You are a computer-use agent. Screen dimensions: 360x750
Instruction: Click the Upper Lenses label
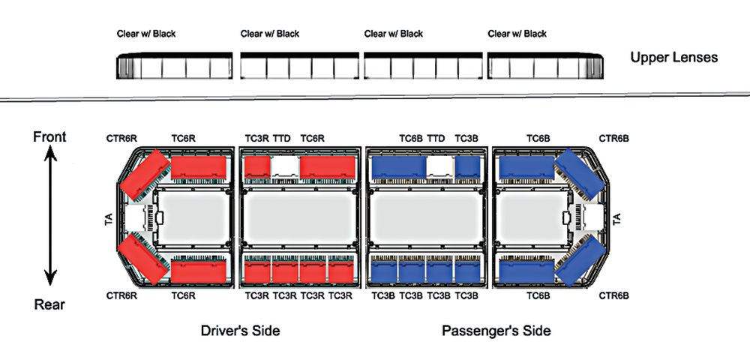click(x=673, y=58)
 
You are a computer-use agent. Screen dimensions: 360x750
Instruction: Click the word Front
click(x=49, y=136)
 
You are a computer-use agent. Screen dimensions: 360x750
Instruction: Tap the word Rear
click(x=49, y=304)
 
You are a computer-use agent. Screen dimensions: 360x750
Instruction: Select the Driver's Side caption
click(x=240, y=331)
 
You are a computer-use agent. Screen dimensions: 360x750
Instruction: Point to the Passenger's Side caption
click(x=496, y=331)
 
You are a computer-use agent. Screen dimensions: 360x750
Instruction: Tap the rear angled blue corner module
click(x=576, y=260)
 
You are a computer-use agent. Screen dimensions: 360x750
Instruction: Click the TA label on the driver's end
click(x=109, y=219)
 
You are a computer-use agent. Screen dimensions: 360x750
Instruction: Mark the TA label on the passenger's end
click(x=617, y=219)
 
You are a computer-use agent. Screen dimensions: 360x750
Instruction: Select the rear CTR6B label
click(x=613, y=295)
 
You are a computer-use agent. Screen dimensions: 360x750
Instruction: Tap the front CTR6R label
click(x=121, y=139)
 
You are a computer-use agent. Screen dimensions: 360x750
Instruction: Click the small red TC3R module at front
click(x=257, y=166)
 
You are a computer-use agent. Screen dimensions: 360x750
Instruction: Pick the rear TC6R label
click(x=184, y=295)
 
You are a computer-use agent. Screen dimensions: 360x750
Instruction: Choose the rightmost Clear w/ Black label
click(x=517, y=34)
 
